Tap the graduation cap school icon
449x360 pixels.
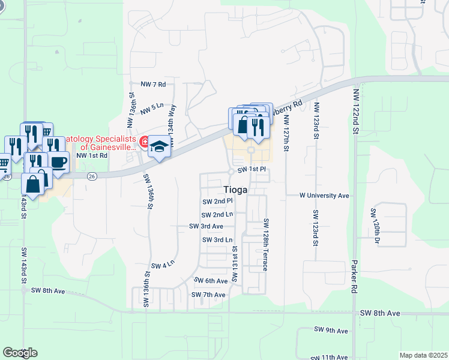click(x=159, y=147)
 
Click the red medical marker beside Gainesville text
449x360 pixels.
click(x=144, y=142)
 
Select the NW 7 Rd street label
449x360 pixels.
click(x=152, y=85)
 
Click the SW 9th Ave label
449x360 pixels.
click(x=331, y=331)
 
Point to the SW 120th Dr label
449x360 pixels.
click(x=375, y=227)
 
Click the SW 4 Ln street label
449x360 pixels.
click(x=163, y=265)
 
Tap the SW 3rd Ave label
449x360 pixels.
click(x=206, y=226)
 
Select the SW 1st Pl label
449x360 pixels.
click(x=251, y=170)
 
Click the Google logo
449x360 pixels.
click(x=20, y=353)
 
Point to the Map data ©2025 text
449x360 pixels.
click(x=423, y=355)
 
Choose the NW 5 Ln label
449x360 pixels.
click(x=152, y=109)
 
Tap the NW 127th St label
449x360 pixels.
click(x=286, y=130)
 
